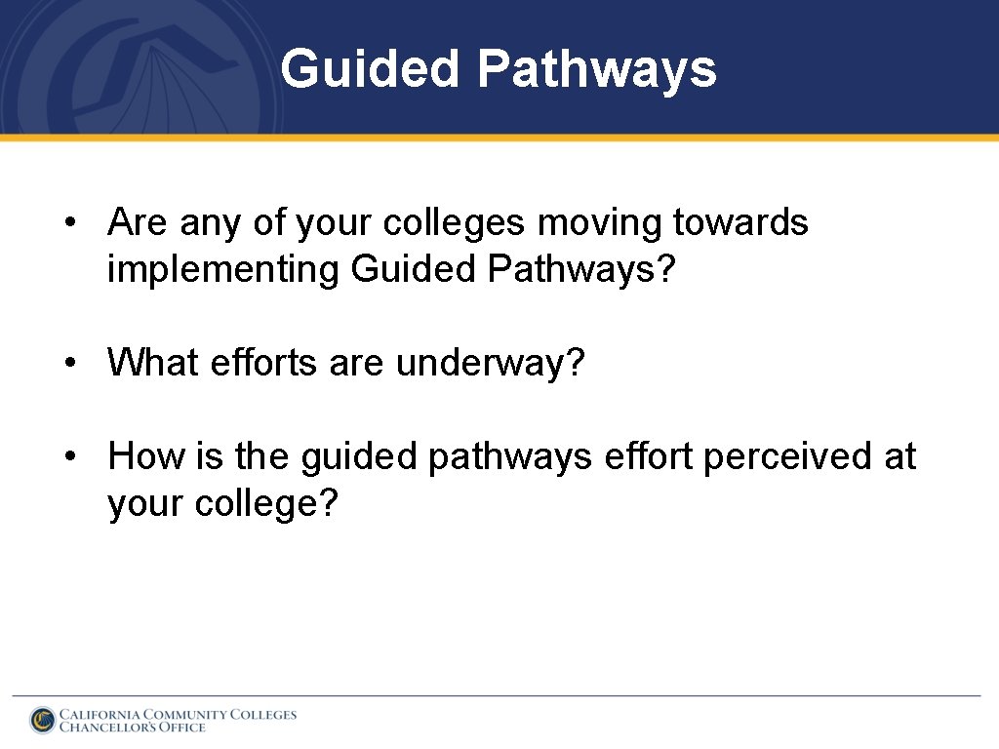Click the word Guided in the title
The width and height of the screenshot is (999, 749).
370,69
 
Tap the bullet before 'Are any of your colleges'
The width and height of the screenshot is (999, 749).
70,223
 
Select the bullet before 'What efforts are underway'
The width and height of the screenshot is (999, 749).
70,363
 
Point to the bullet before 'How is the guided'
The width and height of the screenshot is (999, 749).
70,456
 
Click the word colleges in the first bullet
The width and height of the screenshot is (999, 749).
456,223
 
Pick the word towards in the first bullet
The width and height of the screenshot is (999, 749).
740,223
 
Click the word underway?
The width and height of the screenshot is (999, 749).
490,363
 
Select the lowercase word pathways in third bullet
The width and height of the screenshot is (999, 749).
510,456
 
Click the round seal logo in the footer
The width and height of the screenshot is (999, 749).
42,720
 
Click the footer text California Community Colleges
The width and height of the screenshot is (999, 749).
178,714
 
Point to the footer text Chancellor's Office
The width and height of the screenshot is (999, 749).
133,727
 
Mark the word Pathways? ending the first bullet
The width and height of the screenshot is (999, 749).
581,269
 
